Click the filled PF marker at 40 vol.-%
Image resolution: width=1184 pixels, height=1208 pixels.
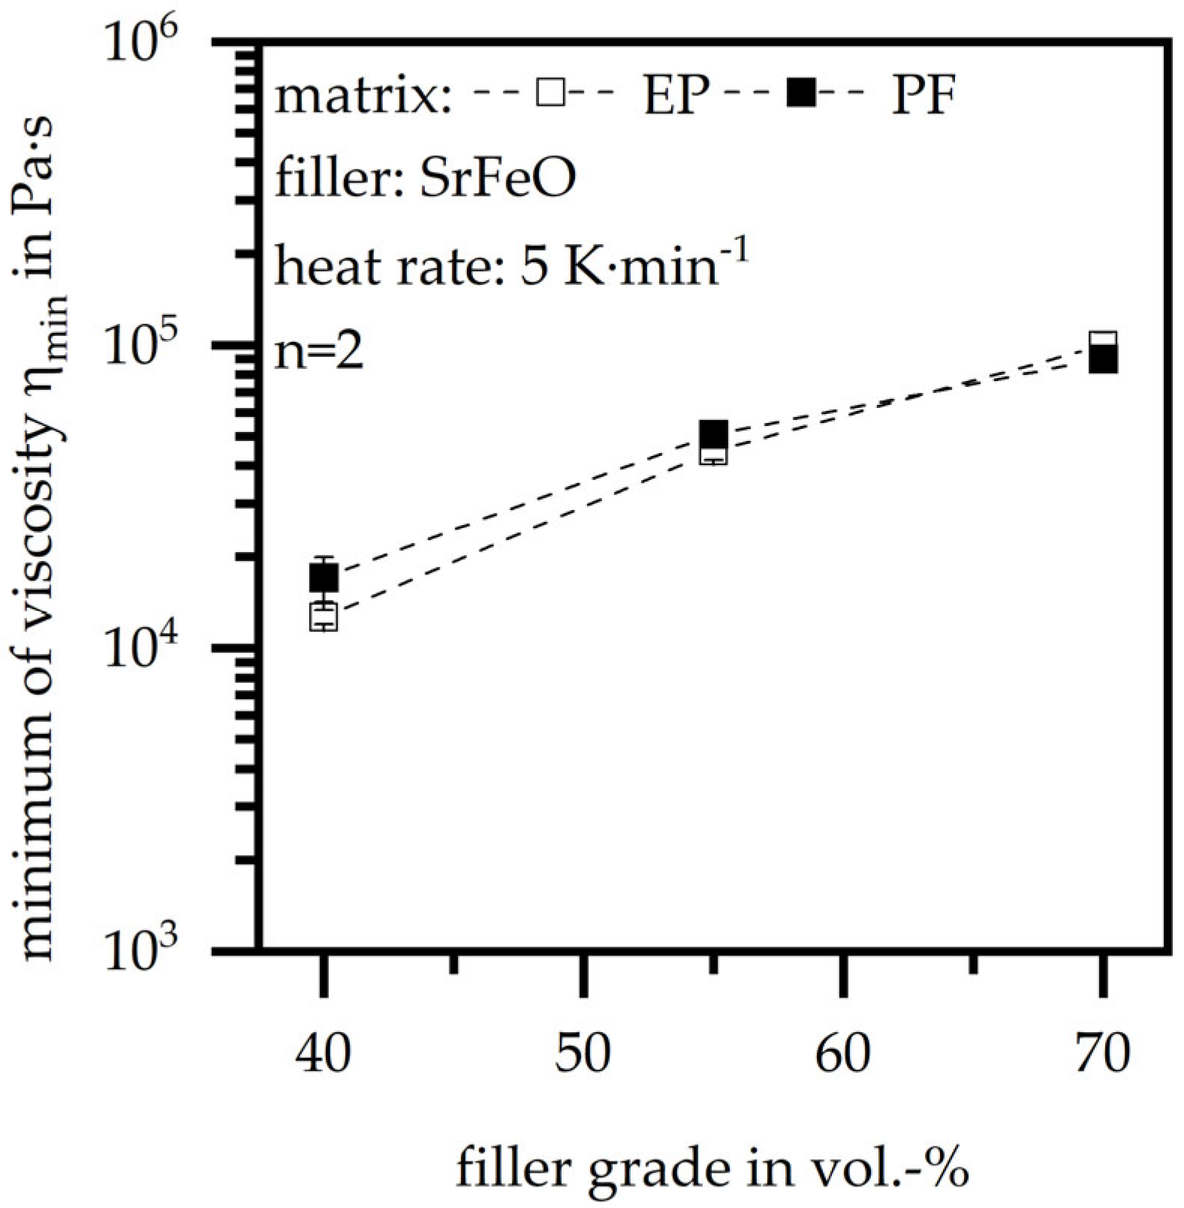(324, 578)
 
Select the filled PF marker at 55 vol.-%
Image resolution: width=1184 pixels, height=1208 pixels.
(713, 433)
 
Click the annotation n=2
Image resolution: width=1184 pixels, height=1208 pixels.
(319, 352)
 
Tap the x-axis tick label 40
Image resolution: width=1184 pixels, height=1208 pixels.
(324, 1053)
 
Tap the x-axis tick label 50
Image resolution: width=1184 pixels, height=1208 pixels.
(583, 1053)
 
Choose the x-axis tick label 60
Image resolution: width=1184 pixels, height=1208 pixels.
(843, 1053)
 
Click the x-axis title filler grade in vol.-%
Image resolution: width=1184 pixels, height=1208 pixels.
(712, 1169)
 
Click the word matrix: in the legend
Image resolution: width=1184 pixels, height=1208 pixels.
(364, 98)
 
